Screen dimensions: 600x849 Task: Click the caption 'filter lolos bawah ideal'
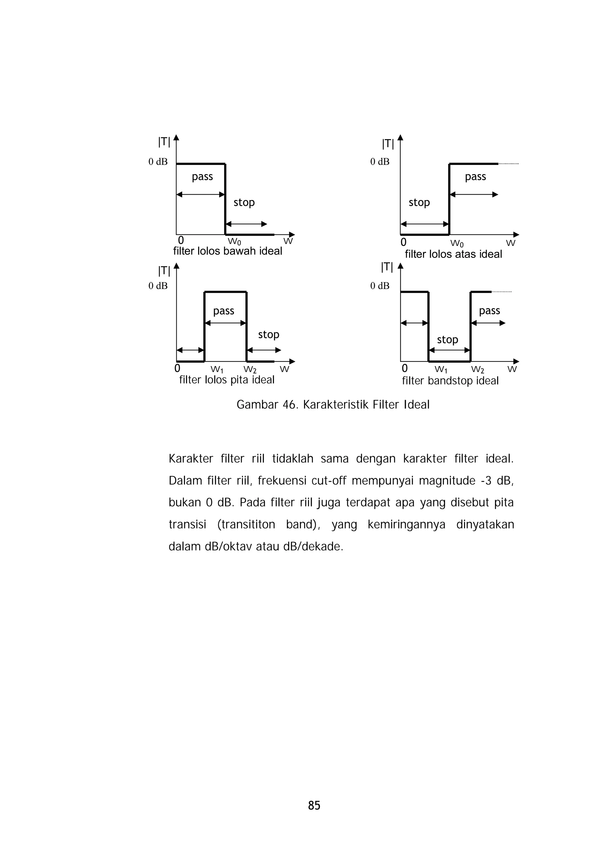(x=227, y=251)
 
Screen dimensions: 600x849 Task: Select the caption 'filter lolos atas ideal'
(x=453, y=254)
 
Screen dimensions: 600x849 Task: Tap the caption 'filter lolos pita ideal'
(x=227, y=380)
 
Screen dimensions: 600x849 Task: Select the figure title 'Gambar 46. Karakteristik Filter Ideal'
(x=333, y=404)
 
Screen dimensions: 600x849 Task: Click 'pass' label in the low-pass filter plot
(x=202, y=177)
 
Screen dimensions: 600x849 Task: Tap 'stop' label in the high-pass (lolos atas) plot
(x=419, y=203)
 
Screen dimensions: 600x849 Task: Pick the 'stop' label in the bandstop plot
(x=447, y=339)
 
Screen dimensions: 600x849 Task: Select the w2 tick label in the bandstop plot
(x=478, y=369)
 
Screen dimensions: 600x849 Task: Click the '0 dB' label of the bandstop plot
(x=380, y=286)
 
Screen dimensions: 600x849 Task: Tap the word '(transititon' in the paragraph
(x=246, y=525)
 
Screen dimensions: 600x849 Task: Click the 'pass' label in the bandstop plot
(x=490, y=311)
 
